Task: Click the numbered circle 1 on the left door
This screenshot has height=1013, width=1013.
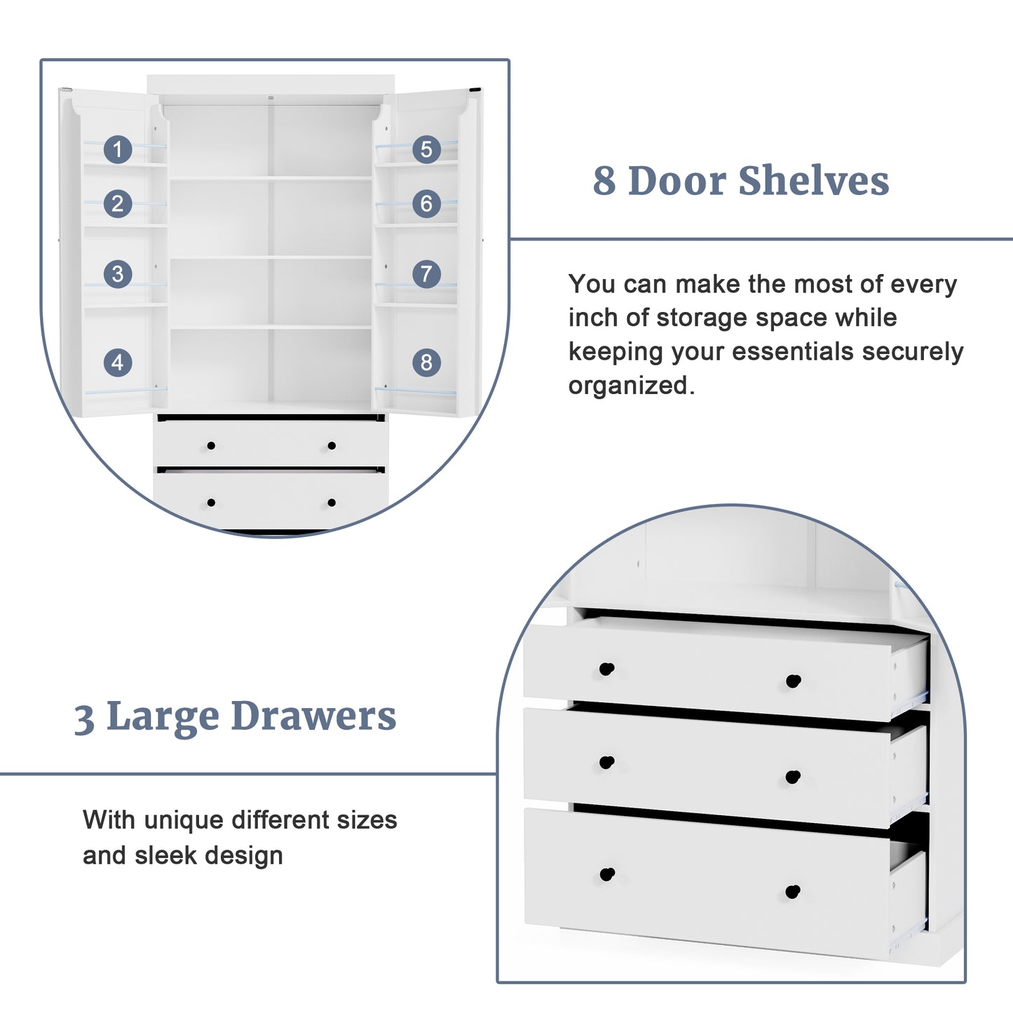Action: click(x=118, y=149)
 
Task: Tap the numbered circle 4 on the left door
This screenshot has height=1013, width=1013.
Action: click(x=118, y=362)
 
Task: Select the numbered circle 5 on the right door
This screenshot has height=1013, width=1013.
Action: click(x=426, y=149)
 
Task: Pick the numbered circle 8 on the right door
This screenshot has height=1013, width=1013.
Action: click(x=426, y=362)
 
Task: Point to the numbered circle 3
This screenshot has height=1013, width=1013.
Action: click(x=118, y=273)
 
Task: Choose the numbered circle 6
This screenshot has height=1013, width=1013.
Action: click(x=426, y=203)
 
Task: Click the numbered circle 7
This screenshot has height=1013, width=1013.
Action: click(x=426, y=273)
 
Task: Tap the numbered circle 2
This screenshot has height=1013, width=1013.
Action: click(x=118, y=203)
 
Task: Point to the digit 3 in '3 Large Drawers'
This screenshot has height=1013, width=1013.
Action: click(x=84, y=719)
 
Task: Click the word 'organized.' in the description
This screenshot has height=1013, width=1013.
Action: click(x=631, y=386)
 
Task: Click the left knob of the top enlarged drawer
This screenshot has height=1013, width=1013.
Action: click(x=606, y=669)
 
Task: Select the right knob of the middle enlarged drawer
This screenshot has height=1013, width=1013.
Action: click(x=793, y=776)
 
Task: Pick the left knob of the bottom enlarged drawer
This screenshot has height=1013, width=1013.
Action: click(x=607, y=874)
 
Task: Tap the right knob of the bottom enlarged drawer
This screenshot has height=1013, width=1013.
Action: click(x=793, y=892)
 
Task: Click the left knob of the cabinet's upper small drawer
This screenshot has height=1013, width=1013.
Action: click(x=211, y=446)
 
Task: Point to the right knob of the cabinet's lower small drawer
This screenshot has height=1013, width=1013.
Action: click(x=332, y=503)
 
